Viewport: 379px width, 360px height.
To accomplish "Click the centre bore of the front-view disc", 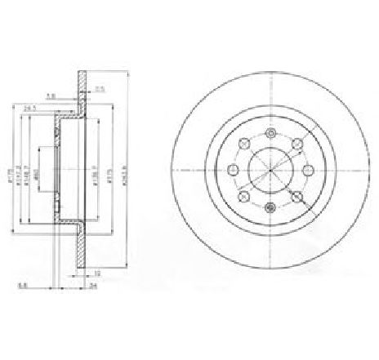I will [269, 171].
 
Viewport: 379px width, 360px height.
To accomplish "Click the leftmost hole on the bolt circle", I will [233, 171].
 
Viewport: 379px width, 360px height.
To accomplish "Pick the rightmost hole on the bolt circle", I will [305, 171].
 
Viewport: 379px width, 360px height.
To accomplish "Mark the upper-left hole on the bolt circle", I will [243, 145].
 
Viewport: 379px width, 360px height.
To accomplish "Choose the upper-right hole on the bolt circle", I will [295, 145].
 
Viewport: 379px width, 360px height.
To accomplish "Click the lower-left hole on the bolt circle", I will [243, 197].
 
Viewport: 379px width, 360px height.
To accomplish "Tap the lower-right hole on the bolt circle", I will [295, 197].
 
